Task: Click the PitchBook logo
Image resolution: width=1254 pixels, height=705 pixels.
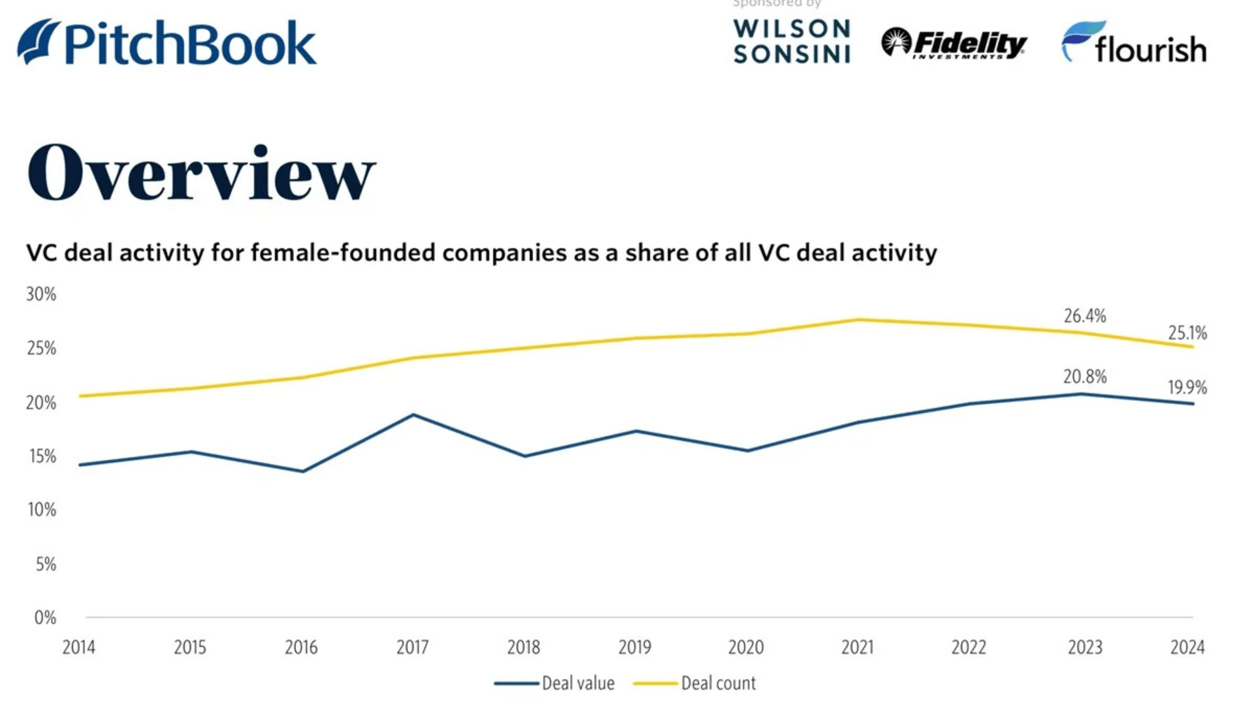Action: pos(167,43)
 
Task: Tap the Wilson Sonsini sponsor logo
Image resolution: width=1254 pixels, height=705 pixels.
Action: pos(792,42)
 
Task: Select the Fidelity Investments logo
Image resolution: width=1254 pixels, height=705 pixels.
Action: pos(954,44)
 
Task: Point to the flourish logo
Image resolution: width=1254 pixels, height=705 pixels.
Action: pos(1134,43)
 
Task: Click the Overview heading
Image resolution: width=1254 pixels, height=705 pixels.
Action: pos(201,173)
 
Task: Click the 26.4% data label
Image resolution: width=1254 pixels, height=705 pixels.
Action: pos(1085,317)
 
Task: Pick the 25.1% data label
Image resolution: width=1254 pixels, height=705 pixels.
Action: pos(1187,334)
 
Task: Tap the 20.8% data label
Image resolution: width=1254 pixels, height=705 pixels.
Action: pos(1085,377)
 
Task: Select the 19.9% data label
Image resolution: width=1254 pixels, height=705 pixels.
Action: pos(1187,388)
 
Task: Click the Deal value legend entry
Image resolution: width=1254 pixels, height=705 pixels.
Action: pos(555,683)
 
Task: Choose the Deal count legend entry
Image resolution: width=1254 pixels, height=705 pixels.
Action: pos(695,683)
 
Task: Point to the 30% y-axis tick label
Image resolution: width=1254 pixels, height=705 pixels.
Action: pos(41,294)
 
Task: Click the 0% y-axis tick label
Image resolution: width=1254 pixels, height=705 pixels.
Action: pos(45,618)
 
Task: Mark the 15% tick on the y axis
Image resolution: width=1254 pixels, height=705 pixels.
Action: pos(42,456)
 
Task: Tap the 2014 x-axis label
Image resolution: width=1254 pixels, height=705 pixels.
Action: pos(79,648)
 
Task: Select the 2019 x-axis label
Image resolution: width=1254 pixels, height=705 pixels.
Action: pos(635,648)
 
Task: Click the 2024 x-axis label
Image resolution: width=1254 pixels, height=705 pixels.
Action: pos(1187,648)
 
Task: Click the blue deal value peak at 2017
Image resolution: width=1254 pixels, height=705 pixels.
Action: pos(413,415)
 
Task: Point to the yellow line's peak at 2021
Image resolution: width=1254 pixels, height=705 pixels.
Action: pos(859,319)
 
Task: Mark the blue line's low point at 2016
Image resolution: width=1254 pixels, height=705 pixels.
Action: pos(302,471)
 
